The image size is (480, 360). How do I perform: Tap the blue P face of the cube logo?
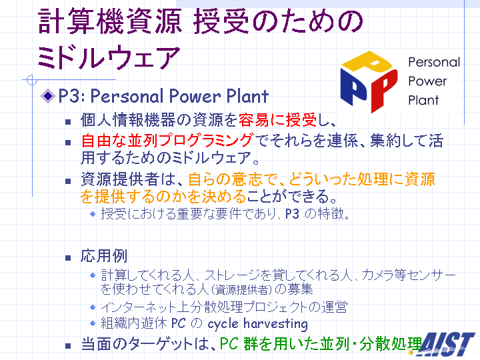point(354,87)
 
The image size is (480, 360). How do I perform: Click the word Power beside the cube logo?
point(427,81)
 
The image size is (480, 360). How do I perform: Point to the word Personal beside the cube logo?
point(434,62)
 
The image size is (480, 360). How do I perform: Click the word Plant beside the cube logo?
point(423,100)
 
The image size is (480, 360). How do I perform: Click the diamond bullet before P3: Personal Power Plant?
point(48,96)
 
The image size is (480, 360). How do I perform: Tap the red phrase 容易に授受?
point(277,120)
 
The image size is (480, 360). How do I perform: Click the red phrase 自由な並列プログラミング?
point(168,141)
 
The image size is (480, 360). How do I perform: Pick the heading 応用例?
point(104,256)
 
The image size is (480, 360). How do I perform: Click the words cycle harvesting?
point(258,324)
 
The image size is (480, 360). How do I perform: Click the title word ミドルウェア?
point(109,57)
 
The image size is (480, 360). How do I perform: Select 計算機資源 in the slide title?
point(110,21)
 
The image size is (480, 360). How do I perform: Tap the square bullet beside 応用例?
point(68,258)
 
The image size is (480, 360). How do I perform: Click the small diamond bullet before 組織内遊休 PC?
point(93,323)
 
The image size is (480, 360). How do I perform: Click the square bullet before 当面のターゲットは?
point(68,346)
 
